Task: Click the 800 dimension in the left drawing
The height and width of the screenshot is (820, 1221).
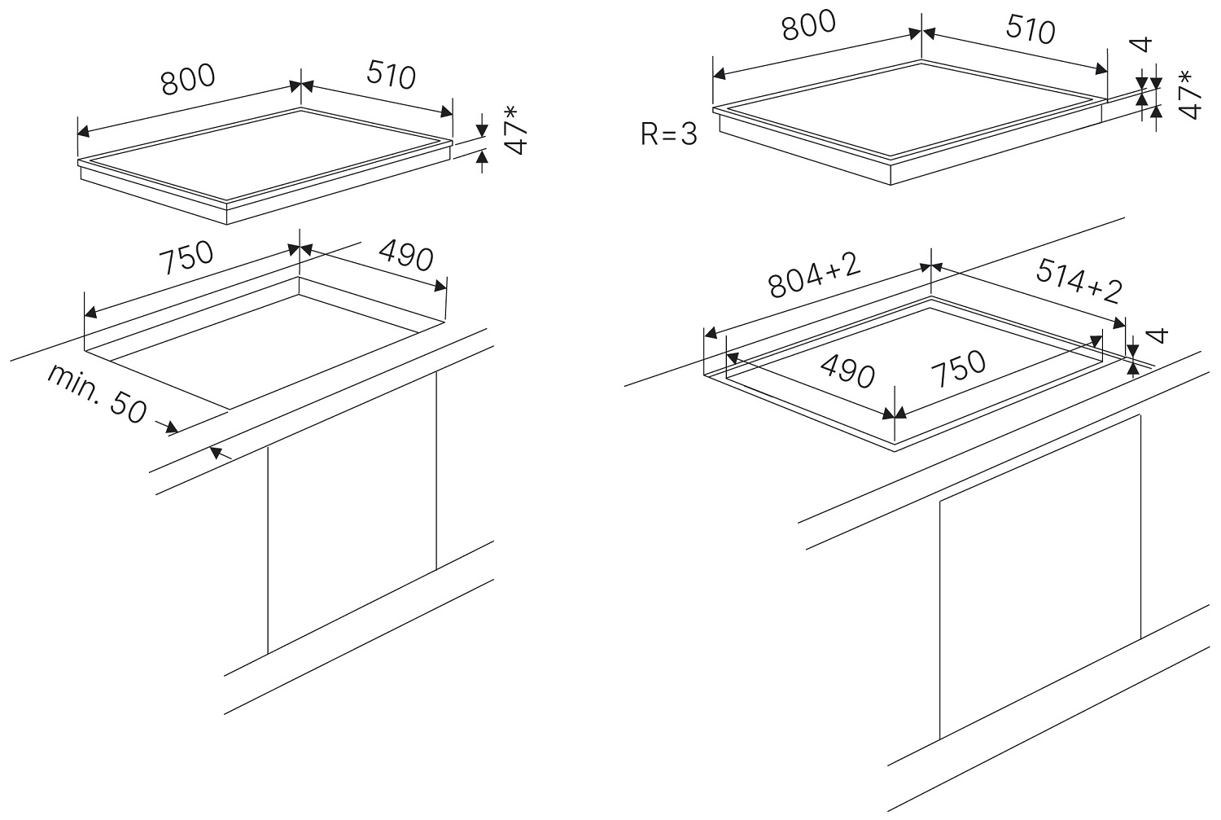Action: pyautogui.click(x=188, y=80)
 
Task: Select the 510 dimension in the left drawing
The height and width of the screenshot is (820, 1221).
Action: pyautogui.click(x=391, y=74)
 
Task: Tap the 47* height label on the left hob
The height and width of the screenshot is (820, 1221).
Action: pyautogui.click(x=515, y=130)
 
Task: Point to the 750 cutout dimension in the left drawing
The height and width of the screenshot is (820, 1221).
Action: pyautogui.click(x=186, y=257)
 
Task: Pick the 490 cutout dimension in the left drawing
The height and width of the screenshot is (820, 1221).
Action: pyautogui.click(x=406, y=255)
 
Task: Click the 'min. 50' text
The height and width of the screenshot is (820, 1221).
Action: pyautogui.click(x=98, y=394)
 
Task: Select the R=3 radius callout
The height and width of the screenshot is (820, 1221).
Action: pyautogui.click(x=669, y=134)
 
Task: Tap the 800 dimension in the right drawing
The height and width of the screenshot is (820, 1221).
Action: pyautogui.click(x=808, y=25)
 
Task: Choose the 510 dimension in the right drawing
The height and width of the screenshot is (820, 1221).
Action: pyautogui.click(x=1031, y=29)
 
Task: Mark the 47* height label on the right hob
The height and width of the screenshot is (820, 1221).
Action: pyautogui.click(x=1190, y=95)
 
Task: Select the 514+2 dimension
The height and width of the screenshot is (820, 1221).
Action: pyautogui.click(x=1079, y=281)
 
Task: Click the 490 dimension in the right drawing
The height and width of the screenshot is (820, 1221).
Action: pyautogui.click(x=847, y=371)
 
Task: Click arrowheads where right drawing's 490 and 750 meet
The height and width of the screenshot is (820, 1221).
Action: pyautogui.click(x=895, y=414)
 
